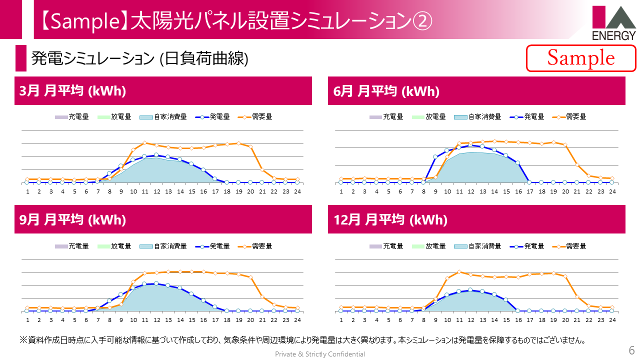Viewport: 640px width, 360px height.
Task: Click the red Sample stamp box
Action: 581,58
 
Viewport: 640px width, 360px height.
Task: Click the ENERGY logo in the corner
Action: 614,23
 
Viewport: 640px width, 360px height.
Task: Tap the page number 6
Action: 631,350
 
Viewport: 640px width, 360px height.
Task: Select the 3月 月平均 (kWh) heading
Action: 72,91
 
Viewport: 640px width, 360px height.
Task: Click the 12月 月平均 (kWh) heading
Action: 390,219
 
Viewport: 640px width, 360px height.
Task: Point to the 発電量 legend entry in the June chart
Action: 527,117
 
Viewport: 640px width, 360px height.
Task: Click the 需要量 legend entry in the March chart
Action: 255,117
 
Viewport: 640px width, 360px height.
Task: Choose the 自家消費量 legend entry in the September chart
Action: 163,246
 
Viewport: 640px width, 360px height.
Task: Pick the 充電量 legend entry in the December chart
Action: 386,246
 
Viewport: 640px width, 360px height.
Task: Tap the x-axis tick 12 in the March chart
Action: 157,191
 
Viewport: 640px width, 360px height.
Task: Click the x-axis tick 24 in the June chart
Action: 612,191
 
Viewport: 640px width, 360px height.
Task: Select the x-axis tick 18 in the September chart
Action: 227,320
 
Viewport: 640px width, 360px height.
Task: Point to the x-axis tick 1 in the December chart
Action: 341,320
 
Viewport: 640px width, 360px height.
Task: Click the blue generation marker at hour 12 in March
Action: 156,155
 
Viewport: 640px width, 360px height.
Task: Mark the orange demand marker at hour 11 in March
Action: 144,142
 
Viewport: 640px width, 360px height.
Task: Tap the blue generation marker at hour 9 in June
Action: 435,157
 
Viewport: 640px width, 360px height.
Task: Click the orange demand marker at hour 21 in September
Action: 262,297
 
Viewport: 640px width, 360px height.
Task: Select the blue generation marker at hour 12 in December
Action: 470,289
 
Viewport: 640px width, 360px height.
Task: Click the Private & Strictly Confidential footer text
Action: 320,354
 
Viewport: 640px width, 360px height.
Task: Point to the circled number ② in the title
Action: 422,21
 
